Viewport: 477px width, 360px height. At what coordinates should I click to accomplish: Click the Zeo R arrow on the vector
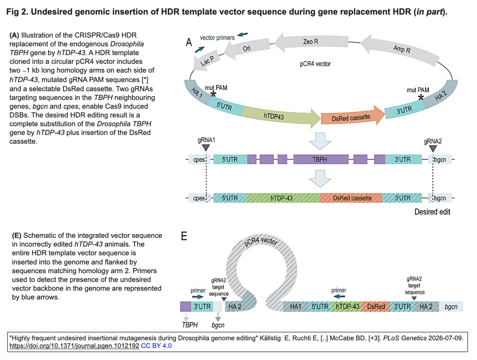[311, 42]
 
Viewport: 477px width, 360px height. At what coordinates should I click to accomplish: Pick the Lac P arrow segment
[206, 61]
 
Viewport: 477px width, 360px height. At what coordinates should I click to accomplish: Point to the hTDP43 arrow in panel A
[280, 116]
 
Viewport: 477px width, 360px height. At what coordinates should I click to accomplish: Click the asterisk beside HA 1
[214, 94]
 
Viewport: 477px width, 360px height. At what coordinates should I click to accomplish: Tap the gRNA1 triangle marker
[206, 148]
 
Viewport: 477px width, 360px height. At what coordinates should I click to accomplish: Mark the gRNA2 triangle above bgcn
[433, 149]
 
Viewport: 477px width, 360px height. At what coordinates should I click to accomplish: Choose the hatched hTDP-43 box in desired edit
[283, 198]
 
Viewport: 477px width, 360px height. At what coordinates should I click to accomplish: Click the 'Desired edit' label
[432, 212]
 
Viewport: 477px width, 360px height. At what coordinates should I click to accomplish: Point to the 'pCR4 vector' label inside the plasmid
[315, 64]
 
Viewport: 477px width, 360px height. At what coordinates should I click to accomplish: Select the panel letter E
[184, 236]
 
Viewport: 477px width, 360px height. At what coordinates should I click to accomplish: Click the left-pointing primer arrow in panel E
[339, 296]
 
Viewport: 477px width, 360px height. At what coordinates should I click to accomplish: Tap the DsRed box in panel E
[376, 307]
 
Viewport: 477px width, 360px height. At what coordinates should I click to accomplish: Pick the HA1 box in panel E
[296, 307]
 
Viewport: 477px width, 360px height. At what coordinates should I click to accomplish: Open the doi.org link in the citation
[74, 346]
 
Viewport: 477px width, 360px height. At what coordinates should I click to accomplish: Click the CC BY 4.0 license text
[156, 346]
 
